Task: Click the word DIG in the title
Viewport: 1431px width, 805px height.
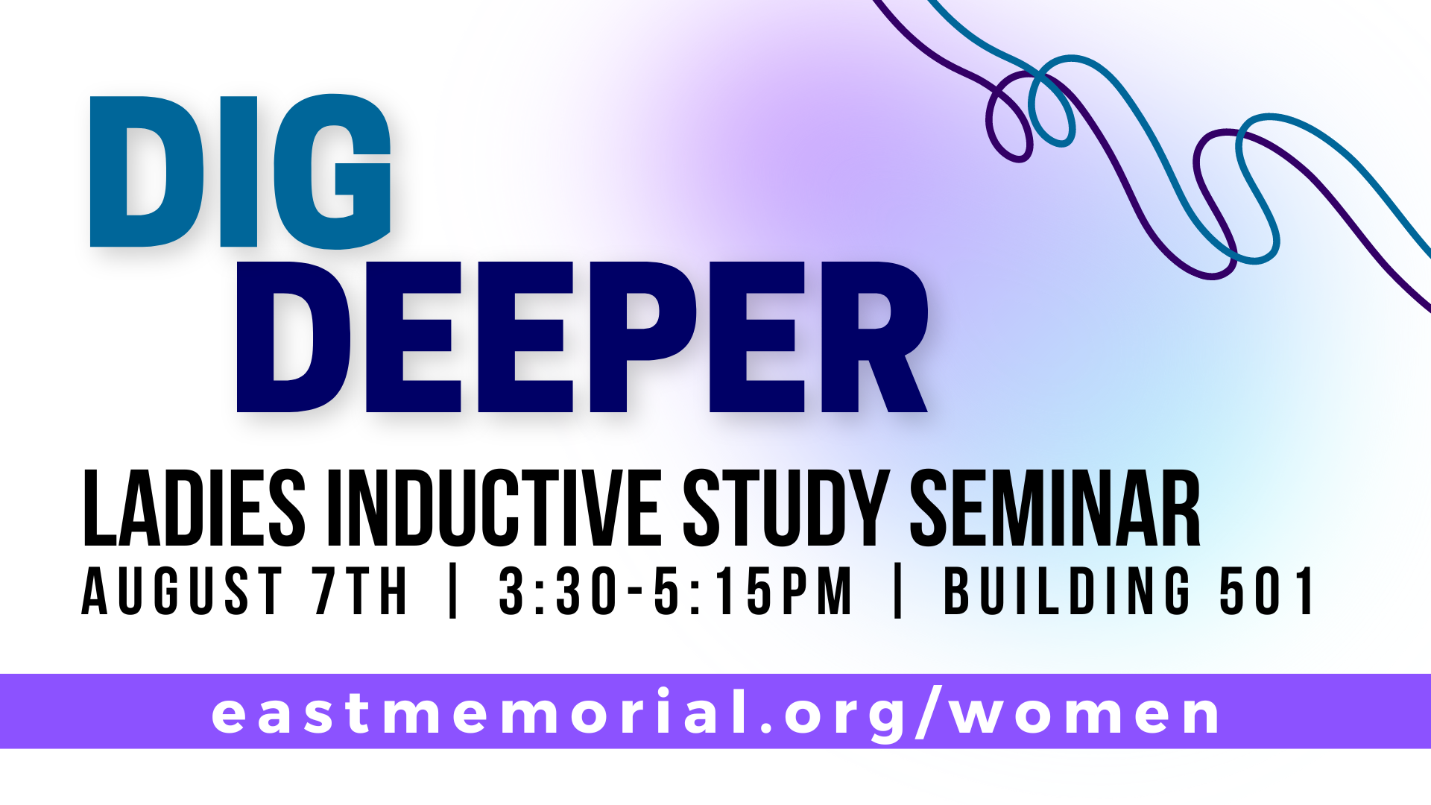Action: (x=240, y=171)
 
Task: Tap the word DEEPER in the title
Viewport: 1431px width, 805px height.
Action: (x=582, y=337)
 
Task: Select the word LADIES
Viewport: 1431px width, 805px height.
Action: (x=194, y=509)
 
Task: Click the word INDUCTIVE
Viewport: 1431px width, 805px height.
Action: (x=493, y=509)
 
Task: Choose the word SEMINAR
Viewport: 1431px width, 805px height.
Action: (x=1055, y=509)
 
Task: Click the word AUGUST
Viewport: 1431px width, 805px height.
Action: (x=182, y=591)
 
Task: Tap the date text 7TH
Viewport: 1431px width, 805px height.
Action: (x=361, y=591)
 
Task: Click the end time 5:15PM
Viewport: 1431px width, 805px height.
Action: (x=754, y=591)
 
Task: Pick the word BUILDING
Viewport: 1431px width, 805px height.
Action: (x=1067, y=591)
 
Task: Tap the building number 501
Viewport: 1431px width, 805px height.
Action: (x=1267, y=591)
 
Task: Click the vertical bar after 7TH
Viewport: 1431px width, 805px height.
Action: (x=453, y=591)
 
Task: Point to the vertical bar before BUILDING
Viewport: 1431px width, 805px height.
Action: (x=898, y=591)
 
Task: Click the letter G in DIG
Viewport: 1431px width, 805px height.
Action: (x=332, y=171)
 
